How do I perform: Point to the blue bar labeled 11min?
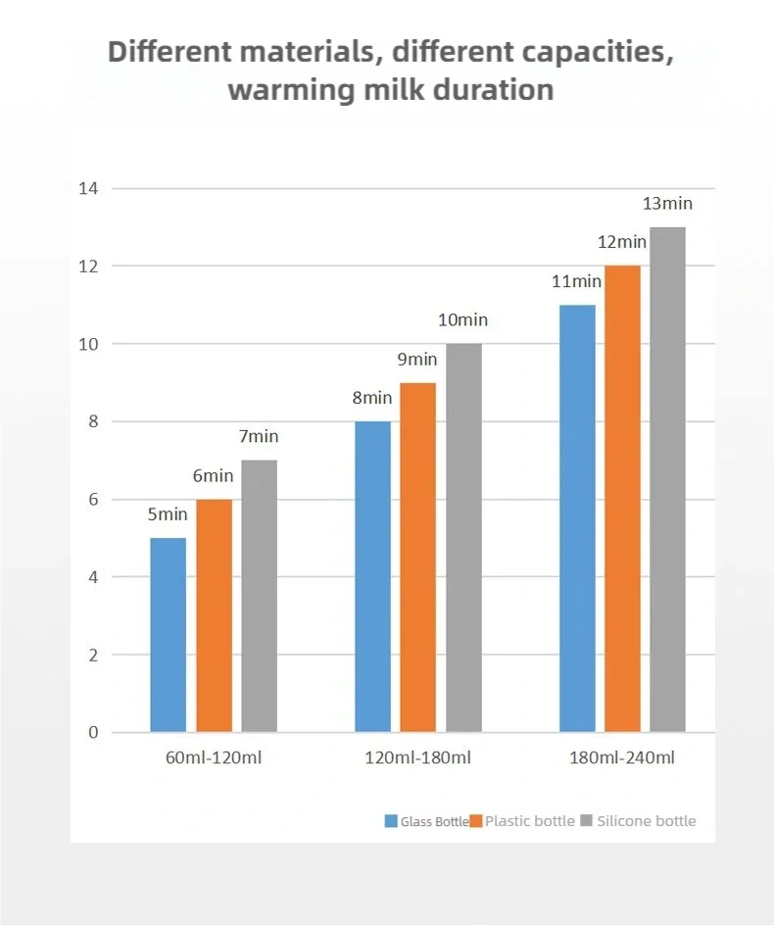pyautogui.click(x=577, y=518)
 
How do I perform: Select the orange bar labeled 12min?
pyautogui.click(x=622, y=499)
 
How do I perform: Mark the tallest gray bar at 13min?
pyautogui.click(x=667, y=479)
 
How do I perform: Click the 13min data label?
pyautogui.click(x=667, y=204)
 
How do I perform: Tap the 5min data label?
pyautogui.click(x=168, y=514)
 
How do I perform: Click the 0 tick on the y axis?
pyautogui.click(x=93, y=732)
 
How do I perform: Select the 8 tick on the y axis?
pyautogui.click(x=93, y=421)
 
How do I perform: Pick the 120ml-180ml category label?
pyautogui.click(x=418, y=757)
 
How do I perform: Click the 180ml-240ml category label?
pyautogui.click(x=622, y=757)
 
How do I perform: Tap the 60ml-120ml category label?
pyautogui.click(x=214, y=757)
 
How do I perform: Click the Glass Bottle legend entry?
pyautogui.click(x=427, y=821)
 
